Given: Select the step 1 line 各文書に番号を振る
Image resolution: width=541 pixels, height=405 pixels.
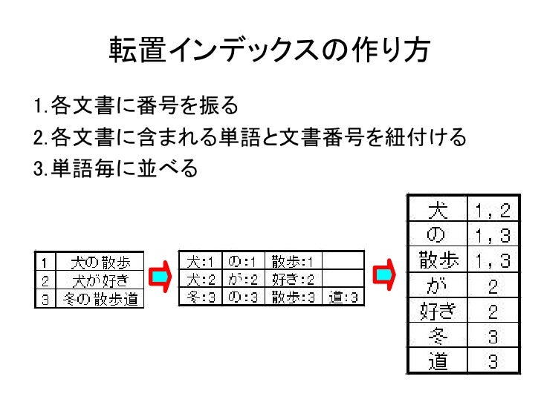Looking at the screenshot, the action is [137, 106].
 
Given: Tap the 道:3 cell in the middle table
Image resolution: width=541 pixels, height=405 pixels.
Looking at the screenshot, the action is [344, 297].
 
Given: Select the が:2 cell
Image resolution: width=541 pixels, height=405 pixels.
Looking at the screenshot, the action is [242, 280].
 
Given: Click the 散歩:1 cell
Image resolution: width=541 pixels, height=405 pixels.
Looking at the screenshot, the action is [293, 261].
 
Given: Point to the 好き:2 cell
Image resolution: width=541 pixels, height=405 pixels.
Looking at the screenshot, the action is [293, 280].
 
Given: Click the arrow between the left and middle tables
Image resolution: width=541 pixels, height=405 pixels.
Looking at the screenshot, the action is [160, 277].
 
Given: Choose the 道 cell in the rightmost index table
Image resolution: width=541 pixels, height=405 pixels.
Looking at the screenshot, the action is [438, 361].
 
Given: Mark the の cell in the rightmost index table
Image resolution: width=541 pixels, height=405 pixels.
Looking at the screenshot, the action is [438, 236].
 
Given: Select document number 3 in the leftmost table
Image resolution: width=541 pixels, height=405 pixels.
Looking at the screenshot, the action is [45, 299].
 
